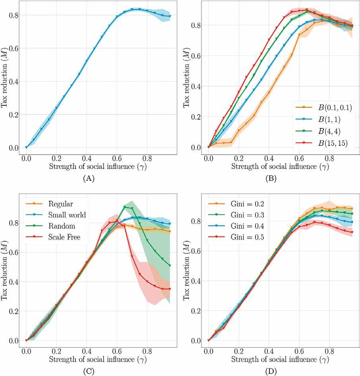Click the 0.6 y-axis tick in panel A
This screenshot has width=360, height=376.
point(14,48)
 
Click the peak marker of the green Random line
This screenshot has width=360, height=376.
point(125,207)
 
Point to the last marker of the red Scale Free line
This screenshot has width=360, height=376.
point(170,289)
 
